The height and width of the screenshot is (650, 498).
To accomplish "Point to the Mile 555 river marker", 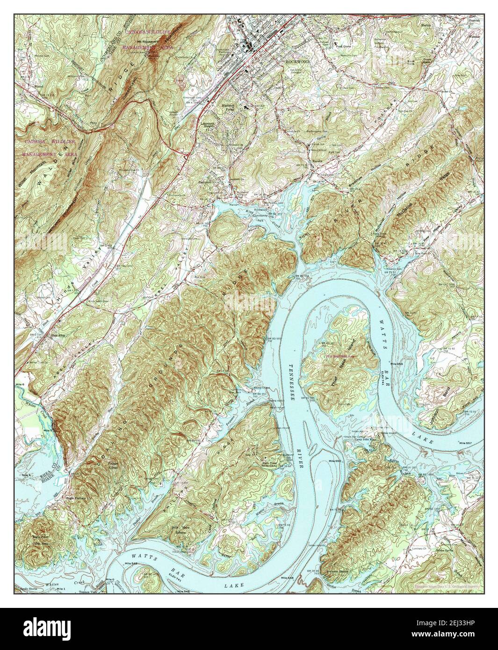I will (x=397, y=364).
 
